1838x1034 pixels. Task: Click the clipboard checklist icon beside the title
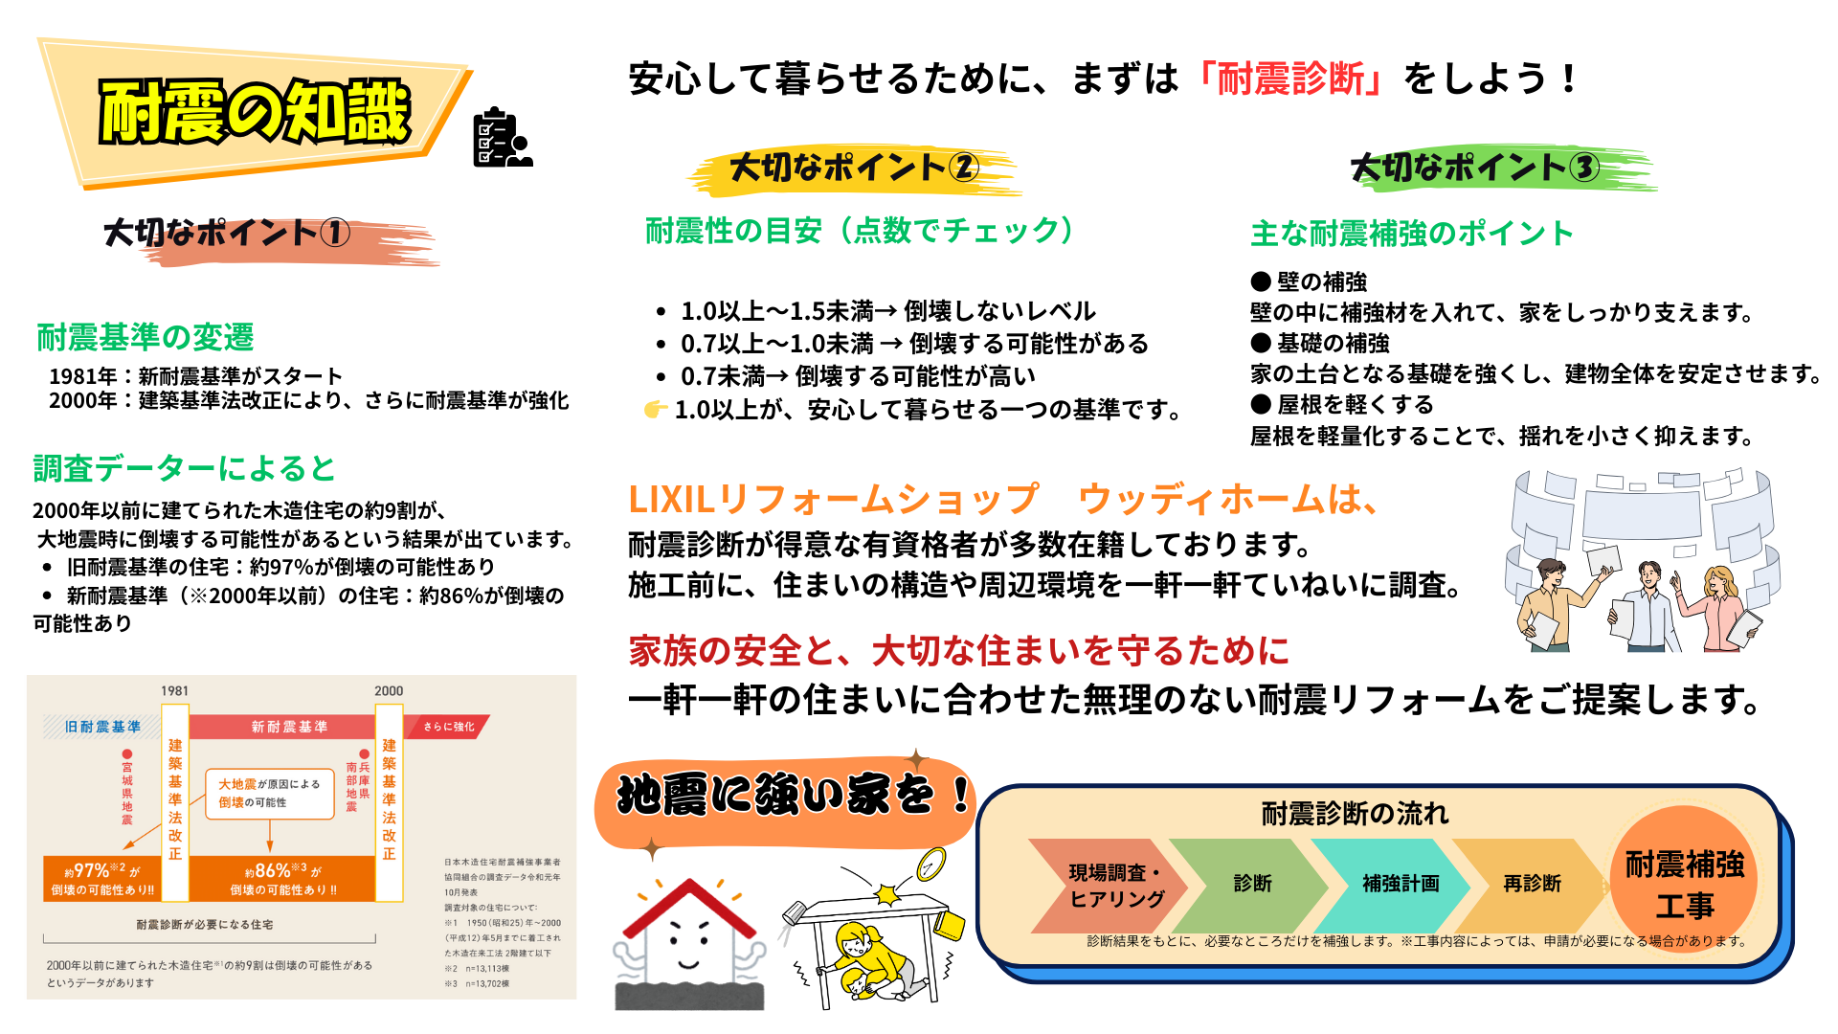click(502, 138)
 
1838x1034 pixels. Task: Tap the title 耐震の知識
click(256, 112)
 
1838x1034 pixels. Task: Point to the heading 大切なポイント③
click(1474, 169)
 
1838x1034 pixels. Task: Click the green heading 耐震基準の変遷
click(146, 337)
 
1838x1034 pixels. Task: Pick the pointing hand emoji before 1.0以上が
click(655, 410)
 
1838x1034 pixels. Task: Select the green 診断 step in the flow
click(1252, 884)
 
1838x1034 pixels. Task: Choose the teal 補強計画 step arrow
click(1400, 884)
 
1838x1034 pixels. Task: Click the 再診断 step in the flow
click(1532, 884)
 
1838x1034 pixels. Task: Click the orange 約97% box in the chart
click(102, 879)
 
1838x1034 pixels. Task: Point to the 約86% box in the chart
click(282, 879)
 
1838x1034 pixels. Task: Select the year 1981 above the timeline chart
click(174, 690)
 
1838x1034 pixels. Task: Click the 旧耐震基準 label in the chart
click(102, 727)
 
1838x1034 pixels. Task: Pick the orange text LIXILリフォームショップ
click(833, 499)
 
